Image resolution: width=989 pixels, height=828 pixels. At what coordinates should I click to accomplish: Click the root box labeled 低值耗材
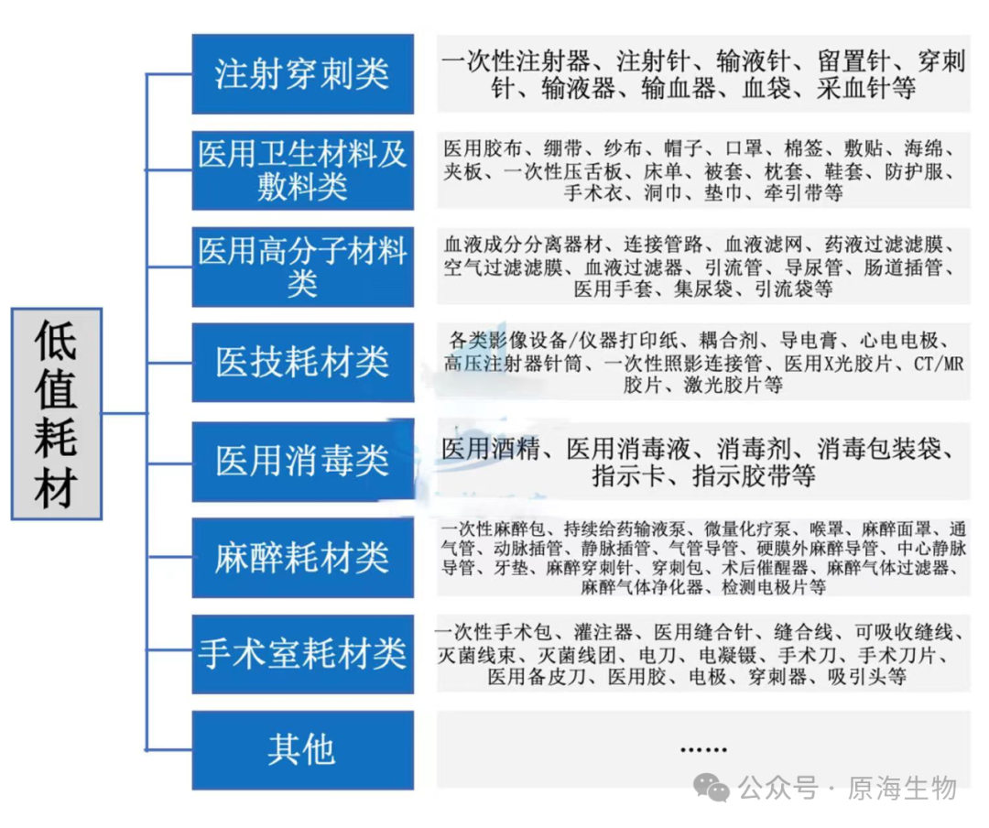pos(57,414)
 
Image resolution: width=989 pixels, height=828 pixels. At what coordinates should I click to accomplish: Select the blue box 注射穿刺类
pos(302,74)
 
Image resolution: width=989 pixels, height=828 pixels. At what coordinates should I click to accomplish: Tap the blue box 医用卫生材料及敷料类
pos(302,170)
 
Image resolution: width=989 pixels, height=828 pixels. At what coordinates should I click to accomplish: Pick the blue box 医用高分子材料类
pos(302,267)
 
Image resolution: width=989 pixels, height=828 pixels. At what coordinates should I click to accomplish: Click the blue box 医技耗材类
pos(302,363)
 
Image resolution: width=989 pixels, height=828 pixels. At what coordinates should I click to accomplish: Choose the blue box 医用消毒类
pos(302,461)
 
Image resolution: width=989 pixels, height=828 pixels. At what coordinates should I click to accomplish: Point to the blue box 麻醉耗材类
pos(302,558)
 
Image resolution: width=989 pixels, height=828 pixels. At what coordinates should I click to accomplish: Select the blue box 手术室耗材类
pos(302,654)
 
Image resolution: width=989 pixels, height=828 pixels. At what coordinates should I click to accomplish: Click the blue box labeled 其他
pos(302,750)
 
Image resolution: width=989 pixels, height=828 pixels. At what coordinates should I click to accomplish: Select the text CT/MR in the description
pos(939,364)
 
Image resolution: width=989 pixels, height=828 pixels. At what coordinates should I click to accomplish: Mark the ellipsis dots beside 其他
pos(703,749)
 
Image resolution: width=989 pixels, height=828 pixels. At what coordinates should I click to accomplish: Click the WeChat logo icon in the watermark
pos(712,787)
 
